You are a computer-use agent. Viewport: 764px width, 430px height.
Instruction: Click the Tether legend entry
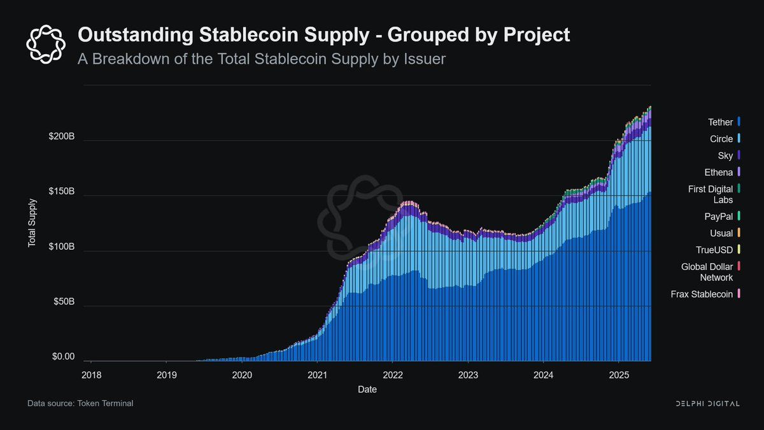coord(721,122)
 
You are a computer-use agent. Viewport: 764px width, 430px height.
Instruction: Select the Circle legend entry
coord(721,139)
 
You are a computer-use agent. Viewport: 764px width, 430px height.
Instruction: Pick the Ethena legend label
coord(719,172)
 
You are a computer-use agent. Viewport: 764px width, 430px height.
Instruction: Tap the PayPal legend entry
coord(719,217)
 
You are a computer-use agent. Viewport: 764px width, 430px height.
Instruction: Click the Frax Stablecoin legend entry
coord(702,294)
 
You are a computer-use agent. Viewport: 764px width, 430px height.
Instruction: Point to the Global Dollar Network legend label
coord(707,272)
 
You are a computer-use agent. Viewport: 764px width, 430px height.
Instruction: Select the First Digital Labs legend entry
coord(710,194)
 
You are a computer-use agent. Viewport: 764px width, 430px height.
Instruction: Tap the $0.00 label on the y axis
coord(63,357)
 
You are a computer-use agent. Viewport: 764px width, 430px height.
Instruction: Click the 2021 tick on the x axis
coord(317,375)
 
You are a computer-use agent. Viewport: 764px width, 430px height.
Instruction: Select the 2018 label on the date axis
coord(91,375)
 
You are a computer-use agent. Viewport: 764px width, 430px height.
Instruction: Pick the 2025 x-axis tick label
coord(619,375)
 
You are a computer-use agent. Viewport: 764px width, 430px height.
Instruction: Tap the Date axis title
coord(367,389)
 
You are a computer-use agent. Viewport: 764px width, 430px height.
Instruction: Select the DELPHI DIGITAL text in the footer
coord(707,404)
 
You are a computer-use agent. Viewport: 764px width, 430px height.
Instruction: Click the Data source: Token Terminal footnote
coord(80,403)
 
